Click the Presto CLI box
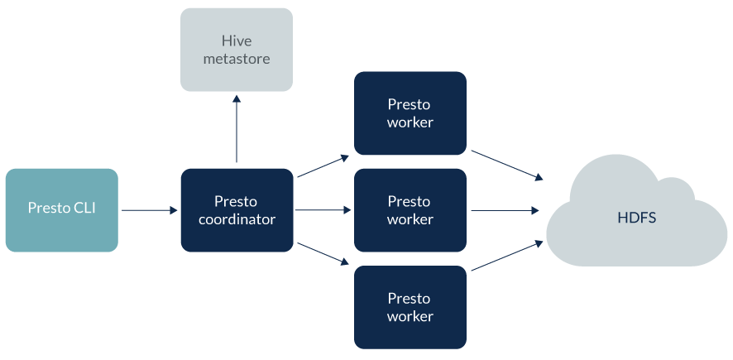tap(61, 210)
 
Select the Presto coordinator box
tap(237, 210)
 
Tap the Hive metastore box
tap(237, 50)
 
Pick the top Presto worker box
tap(410, 113)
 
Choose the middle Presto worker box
tap(410, 210)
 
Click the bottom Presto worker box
tap(410, 307)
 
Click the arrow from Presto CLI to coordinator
tap(149, 210)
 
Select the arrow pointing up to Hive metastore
tap(237, 128)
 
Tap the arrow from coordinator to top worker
tap(323, 166)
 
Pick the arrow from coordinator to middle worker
tap(323, 210)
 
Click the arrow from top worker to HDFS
tap(506, 165)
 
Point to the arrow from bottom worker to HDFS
tap(506, 255)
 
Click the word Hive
tap(237, 41)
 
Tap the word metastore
tap(237, 59)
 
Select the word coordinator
tap(237, 219)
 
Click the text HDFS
tap(635, 217)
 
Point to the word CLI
tap(84, 208)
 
